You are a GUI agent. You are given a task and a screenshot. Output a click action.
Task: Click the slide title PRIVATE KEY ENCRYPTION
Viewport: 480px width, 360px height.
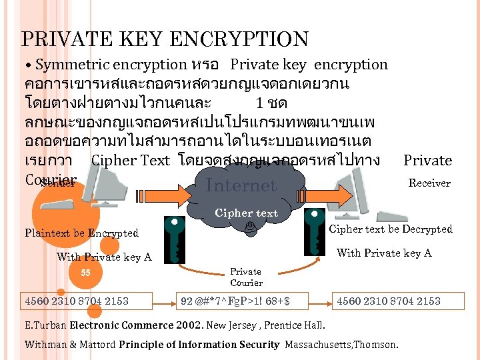click(x=165, y=40)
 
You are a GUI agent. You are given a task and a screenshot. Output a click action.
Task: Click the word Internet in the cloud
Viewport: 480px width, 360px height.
click(x=241, y=185)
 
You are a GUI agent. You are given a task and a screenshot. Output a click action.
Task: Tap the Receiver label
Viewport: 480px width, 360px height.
click(x=429, y=183)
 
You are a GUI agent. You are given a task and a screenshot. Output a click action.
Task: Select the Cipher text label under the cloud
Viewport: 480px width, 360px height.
click(x=246, y=213)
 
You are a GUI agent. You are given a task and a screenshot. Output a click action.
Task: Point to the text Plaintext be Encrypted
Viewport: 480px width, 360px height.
click(x=81, y=233)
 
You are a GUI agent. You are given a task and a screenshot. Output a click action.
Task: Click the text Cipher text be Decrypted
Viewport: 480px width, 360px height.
click(x=391, y=229)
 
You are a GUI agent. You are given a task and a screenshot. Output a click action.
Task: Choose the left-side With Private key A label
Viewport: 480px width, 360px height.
click(x=104, y=257)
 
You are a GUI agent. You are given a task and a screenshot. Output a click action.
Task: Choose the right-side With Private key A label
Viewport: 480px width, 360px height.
click(x=384, y=253)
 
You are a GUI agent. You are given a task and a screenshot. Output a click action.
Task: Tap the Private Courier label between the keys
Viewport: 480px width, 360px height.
click(x=246, y=277)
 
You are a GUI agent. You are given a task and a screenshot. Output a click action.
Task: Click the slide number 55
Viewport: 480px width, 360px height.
click(x=85, y=272)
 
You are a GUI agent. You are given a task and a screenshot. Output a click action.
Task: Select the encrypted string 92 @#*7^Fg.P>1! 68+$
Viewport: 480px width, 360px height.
click(x=235, y=301)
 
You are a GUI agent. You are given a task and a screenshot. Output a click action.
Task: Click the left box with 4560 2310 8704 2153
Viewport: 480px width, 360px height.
click(x=77, y=301)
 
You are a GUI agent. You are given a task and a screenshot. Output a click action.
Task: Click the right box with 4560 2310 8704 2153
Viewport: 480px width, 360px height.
click(x=389, y=301)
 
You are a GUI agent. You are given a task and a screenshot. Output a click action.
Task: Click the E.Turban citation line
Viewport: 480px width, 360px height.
click(x=175, y=326)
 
